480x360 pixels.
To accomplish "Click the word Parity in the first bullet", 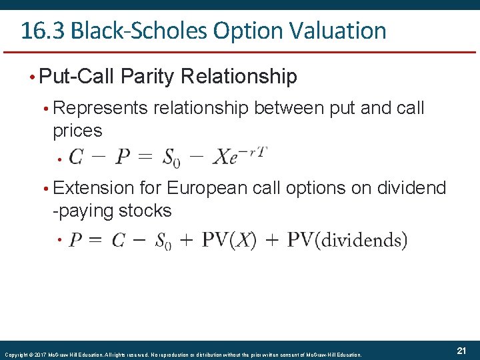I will (149, 77).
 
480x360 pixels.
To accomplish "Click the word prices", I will (77, 130).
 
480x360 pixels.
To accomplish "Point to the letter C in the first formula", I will (76, 157).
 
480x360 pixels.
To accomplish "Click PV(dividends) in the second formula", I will (347, 239).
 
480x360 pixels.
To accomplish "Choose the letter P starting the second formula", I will (76, 239).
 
